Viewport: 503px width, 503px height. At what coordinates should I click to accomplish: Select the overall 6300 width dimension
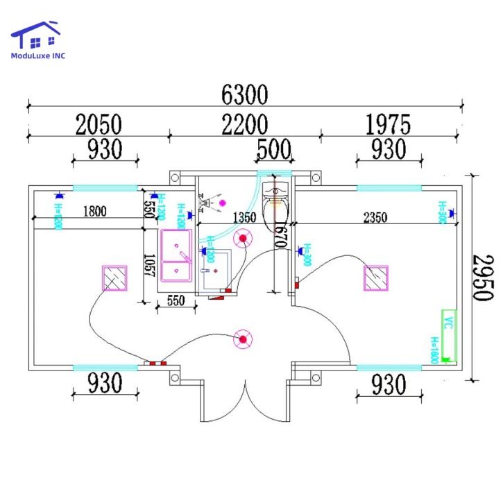click(244, 93)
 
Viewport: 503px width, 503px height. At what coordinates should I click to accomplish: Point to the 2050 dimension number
click(99, 125)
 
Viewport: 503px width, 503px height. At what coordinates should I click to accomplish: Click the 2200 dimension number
click(244, 125)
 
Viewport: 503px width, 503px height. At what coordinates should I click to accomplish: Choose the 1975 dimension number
click(388, 125)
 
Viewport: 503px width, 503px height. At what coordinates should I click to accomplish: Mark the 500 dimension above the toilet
click(275, 149)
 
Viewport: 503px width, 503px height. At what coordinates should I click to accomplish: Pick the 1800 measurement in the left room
click(95, 212)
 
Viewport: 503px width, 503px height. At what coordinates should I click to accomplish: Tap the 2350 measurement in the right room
click(375, 217)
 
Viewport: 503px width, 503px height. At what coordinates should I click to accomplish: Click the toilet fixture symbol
click(276, 197)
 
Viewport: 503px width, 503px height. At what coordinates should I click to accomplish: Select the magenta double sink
click(177, 255)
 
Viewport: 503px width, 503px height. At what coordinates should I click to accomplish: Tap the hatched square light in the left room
click(114, 278)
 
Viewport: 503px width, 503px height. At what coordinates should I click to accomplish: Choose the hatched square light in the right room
click(376, 278)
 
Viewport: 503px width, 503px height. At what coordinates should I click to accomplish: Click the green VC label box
click(449, 322)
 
